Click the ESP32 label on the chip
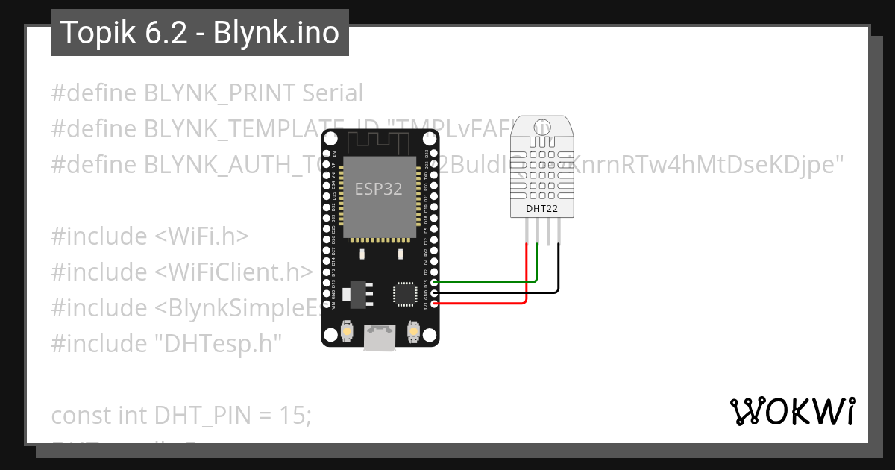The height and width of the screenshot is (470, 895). point(378,189)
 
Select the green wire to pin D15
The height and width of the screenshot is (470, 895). point(485,282)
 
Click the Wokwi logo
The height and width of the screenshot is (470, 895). point(792,411)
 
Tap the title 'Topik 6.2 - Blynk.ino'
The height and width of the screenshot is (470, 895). point(199,33)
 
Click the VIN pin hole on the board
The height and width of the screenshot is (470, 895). point(327,304)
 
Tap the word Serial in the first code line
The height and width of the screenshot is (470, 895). point(333,93)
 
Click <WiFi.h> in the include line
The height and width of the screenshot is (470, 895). point(201,236)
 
